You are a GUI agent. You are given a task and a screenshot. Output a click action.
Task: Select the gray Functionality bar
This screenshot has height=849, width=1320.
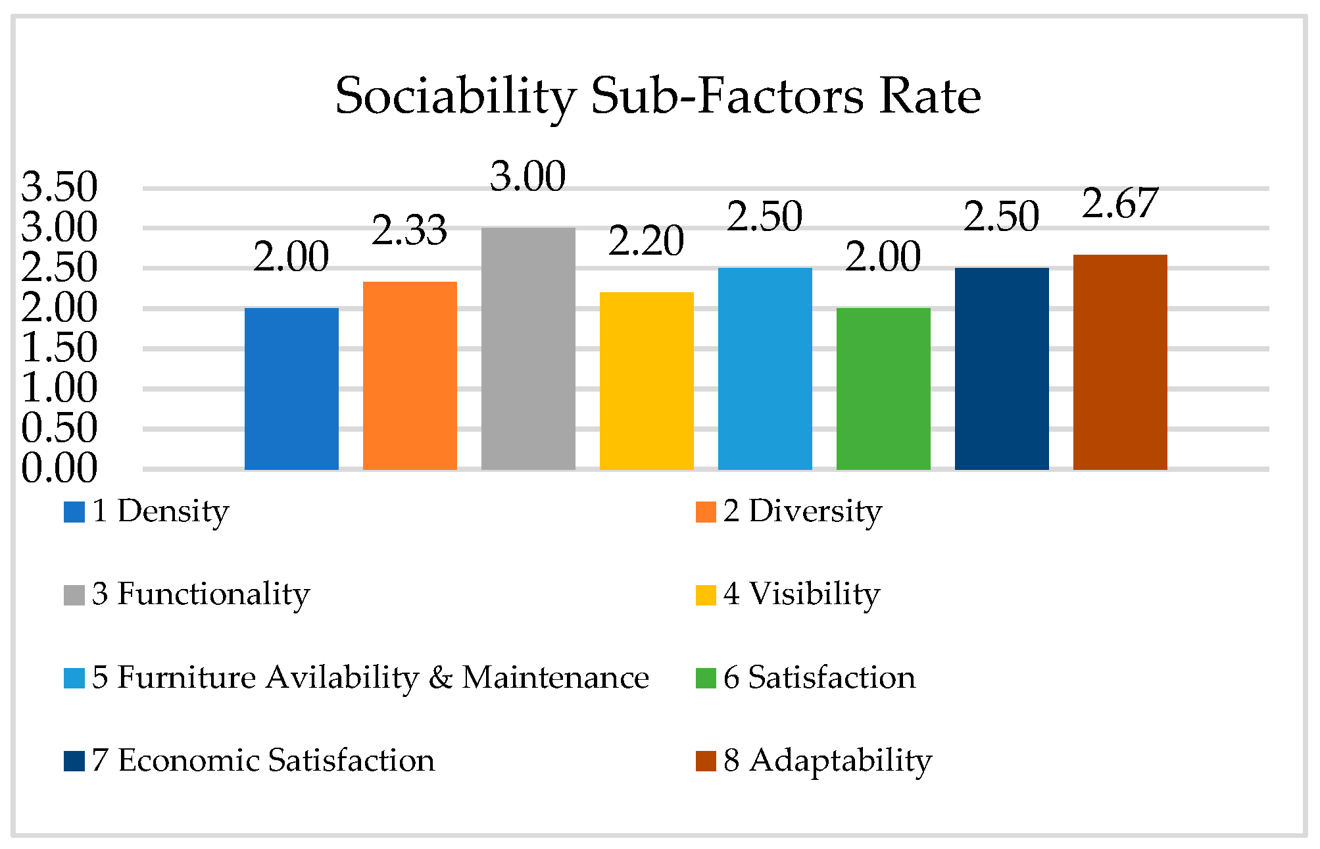(528, 348)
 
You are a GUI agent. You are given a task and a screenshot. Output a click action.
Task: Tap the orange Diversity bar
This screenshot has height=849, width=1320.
(410, 375)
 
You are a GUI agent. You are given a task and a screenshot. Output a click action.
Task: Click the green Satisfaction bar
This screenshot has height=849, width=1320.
(883, 388)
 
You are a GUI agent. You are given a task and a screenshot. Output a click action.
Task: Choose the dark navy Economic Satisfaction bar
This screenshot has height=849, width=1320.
(1002, 369)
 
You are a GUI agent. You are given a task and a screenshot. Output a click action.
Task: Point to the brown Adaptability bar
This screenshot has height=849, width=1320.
(1120, 362)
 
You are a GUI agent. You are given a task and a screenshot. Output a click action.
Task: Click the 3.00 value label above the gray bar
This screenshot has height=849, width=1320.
(528, 176)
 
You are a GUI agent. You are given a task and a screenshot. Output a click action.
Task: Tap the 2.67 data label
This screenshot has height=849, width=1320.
(1120, 203)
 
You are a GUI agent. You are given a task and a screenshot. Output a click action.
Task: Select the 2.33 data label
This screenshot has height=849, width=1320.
(410, 231)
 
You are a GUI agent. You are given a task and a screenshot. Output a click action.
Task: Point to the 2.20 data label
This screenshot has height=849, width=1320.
(647, 241)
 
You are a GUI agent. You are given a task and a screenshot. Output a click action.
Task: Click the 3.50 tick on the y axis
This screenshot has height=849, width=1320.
(59, 187)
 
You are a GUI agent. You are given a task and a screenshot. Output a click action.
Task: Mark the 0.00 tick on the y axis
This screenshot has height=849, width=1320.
(59, 468)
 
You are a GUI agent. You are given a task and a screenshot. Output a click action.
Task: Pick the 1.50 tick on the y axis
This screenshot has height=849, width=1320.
(59, 347)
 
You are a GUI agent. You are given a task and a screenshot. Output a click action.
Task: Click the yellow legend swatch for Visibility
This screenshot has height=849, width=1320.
(706, 595)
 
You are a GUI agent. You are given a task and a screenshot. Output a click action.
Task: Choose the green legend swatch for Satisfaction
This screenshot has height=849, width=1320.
(706, 678)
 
